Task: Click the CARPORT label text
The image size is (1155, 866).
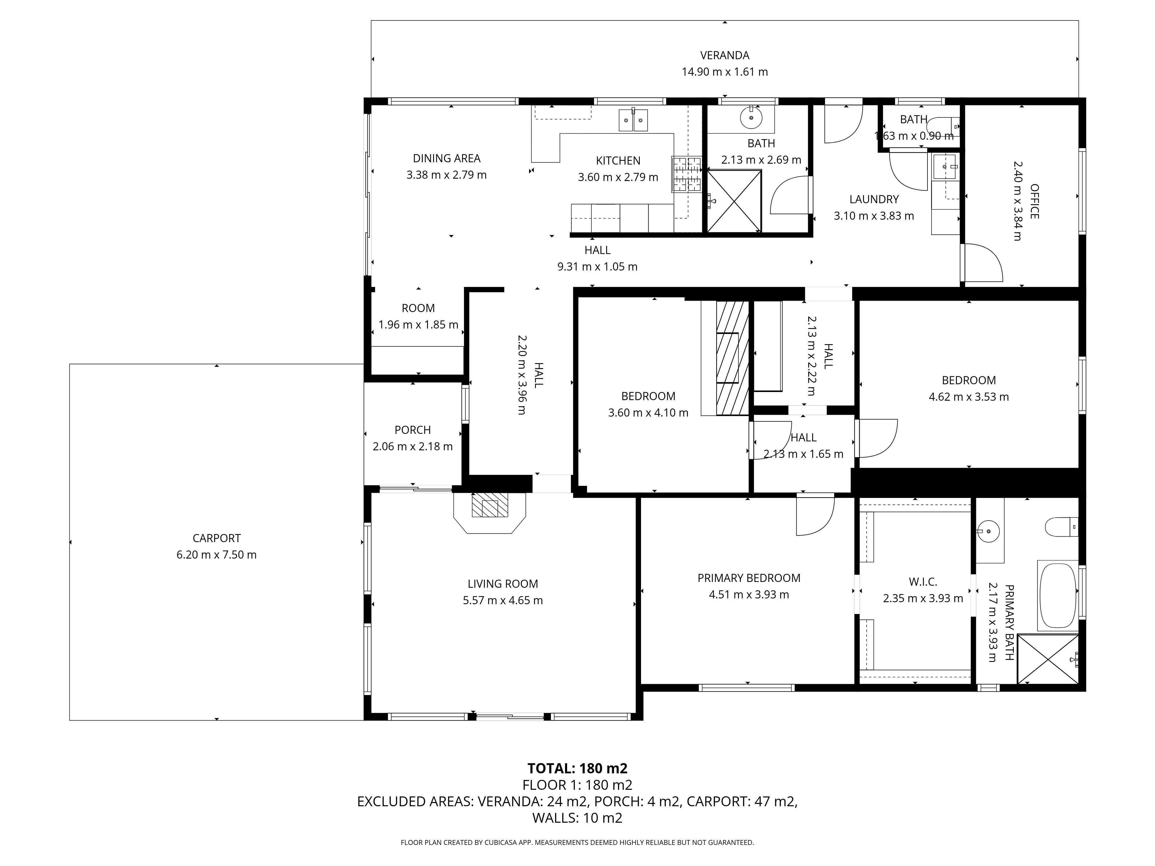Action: (x=217, y=538)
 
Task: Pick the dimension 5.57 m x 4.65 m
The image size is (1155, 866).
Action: (x=503, y=600)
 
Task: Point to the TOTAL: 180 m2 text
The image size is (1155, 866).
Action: (x=577, y=768)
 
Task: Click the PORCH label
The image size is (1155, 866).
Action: (x=413, y=430)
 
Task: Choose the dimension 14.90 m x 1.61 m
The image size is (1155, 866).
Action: (x=725, y=72)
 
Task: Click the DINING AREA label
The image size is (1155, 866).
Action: (x=446, y=158)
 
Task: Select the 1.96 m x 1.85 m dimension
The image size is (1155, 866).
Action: (x=418, y=325)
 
